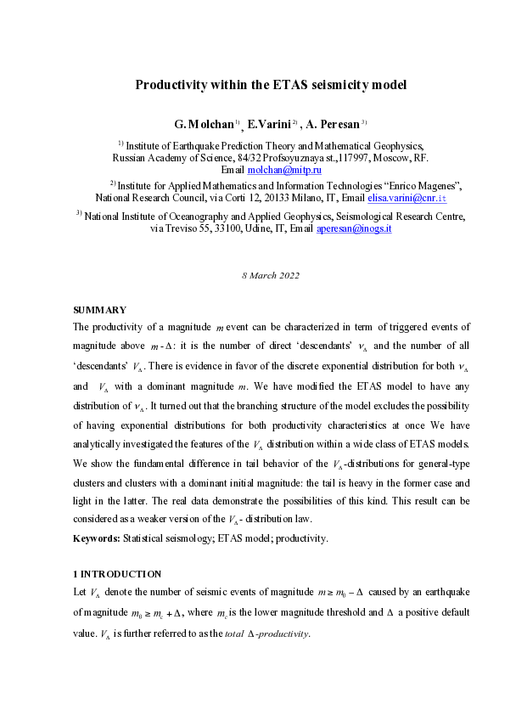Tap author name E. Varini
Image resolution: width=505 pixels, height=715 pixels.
268,125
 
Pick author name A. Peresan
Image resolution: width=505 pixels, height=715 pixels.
333,125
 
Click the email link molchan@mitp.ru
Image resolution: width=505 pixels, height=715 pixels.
283,170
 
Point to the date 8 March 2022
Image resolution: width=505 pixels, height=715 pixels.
271,275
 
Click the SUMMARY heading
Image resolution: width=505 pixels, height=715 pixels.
100,310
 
